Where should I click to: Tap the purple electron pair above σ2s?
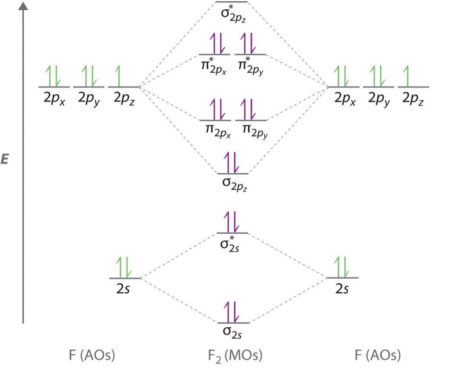tap(232, 312)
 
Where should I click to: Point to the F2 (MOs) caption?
tap(232, 355)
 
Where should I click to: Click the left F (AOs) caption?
tap(92, 355)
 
